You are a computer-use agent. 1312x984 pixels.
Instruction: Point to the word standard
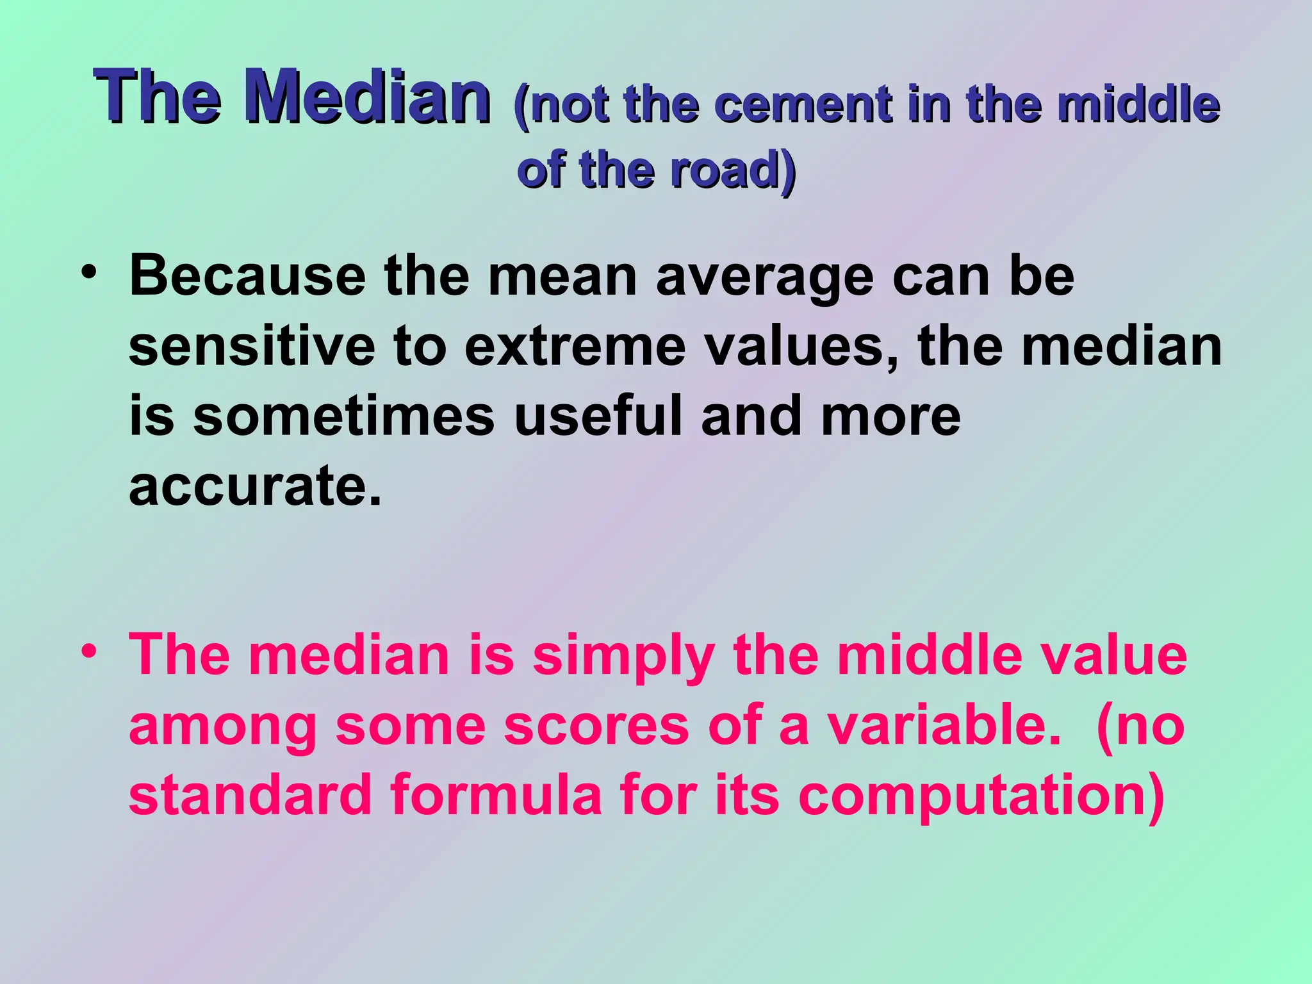coord(250,794)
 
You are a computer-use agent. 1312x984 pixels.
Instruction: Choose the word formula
coord(496,794)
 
